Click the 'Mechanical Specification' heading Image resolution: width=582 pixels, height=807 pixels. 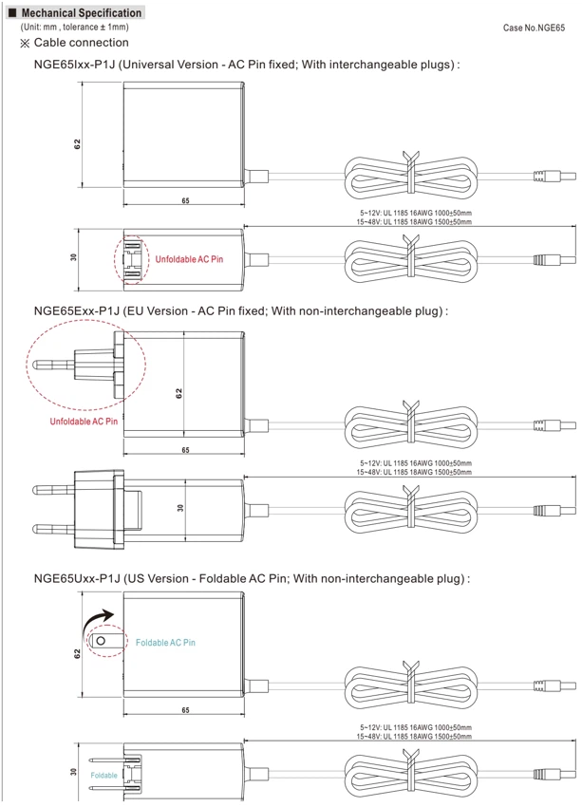pos(82,13)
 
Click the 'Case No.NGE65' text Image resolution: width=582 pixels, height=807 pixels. pos(534,28)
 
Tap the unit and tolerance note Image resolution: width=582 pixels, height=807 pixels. pos(75,27)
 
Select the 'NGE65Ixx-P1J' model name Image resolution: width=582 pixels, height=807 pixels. pos(75,65)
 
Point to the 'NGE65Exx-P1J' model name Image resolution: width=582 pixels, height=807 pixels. pos(76,310)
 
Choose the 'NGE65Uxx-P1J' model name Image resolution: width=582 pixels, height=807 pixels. pos(77,578)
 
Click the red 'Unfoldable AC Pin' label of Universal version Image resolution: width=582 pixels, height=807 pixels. pos(189,259)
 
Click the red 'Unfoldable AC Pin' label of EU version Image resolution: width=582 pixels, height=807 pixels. pos(84,422)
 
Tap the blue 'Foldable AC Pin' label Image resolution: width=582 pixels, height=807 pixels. pos(166,643)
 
